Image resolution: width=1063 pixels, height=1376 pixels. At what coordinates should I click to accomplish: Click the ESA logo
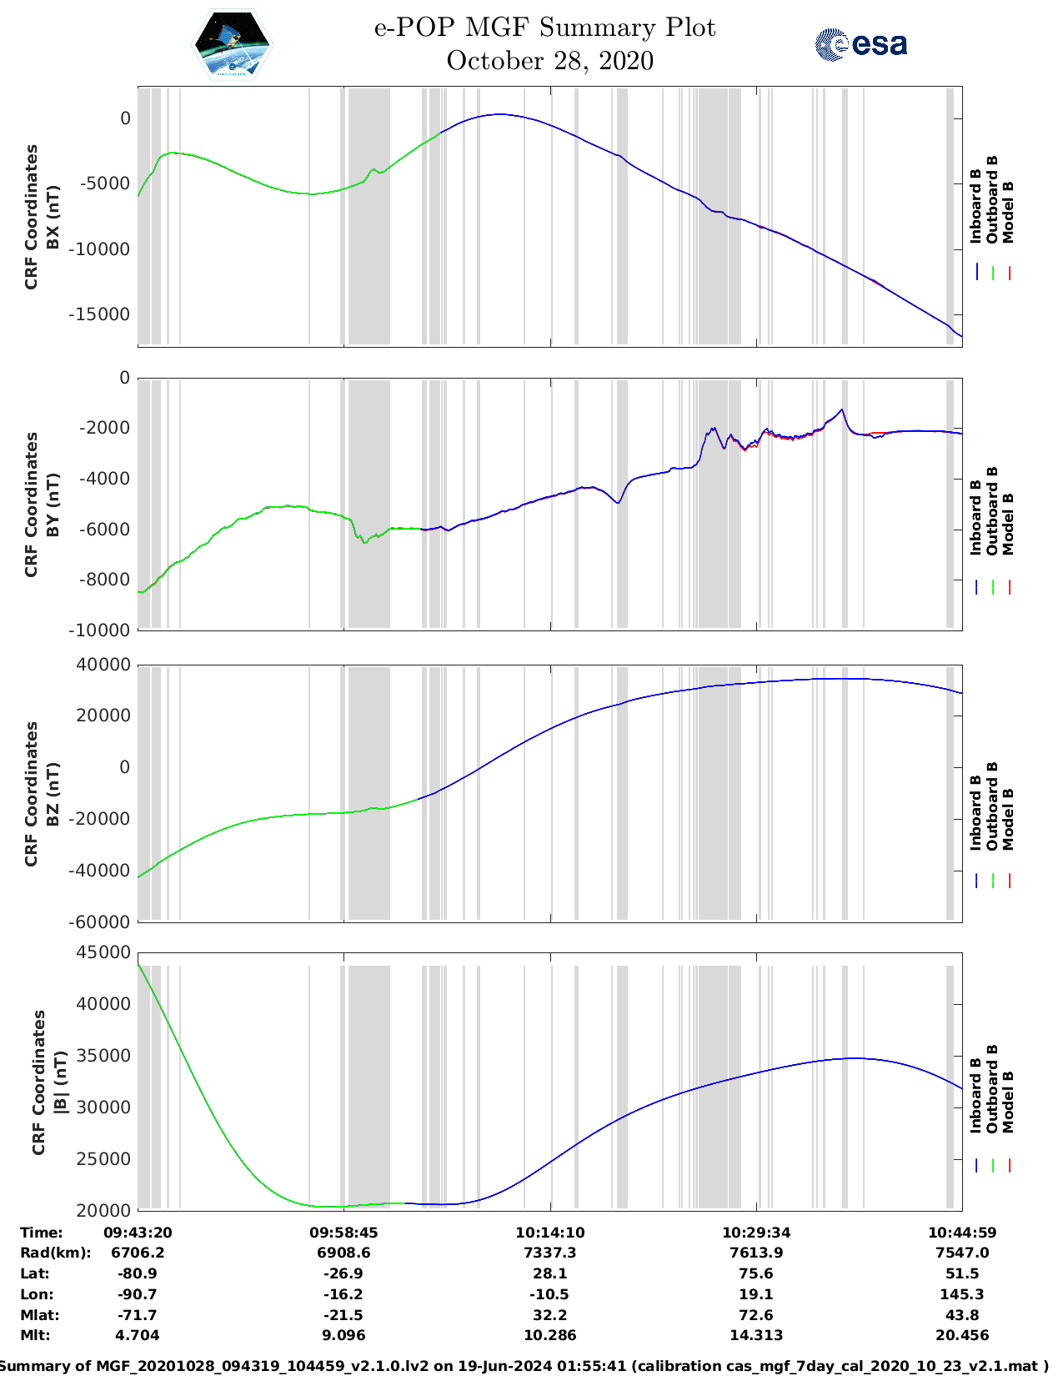click(x=860, y=44)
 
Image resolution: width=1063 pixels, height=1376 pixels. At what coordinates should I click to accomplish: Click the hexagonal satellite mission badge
click(x=232, y=44)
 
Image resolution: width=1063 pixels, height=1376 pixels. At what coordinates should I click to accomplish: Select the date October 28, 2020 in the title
click(x=549, y=61)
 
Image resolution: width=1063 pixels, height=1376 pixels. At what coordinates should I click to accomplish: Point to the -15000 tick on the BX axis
click(x=104, y=314)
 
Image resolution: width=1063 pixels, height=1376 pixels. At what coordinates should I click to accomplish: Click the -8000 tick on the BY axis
click(x=107, y=580)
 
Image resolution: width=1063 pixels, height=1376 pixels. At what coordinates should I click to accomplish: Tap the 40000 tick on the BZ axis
click(x=103, y=665)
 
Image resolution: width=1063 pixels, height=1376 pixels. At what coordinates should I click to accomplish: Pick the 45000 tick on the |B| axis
click(x=103, y=952)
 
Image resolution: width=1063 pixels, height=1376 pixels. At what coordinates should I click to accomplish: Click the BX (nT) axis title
click(x=53, y=217)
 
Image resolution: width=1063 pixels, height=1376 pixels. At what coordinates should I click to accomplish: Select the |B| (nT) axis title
click(x=61, y=1082)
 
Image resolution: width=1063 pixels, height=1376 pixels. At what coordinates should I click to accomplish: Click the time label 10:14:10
click(x=549, y=1233)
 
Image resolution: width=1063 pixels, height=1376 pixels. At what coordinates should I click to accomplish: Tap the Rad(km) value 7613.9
click(x=756, y=1253)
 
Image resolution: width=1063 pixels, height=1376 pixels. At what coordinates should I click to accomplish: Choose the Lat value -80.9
click(x=138, y=1273)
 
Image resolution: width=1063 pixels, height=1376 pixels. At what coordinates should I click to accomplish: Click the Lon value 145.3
click(x=962, y=1294)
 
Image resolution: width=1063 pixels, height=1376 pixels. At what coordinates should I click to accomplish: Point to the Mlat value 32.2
click(x=549, y=1315)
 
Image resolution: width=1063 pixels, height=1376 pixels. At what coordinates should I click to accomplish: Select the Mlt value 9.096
click(x=343, y=1335)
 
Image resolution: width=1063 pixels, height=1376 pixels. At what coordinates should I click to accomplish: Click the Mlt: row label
click(x=35, y=1335)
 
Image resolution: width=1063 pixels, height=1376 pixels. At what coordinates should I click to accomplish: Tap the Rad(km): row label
click(x=55, y=1253)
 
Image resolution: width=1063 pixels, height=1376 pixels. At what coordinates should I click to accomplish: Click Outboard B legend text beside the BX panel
click(x=992, y=200)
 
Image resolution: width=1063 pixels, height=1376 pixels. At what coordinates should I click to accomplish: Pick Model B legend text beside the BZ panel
click(x=1008, y=819)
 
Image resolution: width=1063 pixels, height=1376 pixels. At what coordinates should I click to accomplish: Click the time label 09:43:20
click(x=138, y=1233)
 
